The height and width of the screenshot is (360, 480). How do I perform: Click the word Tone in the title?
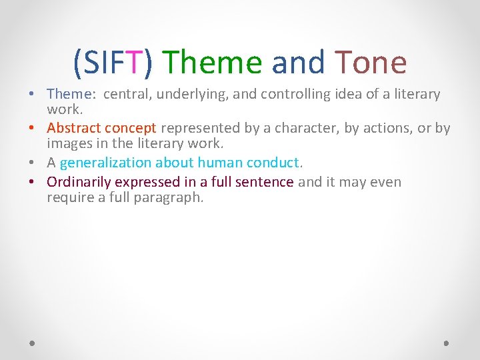coord(371,63)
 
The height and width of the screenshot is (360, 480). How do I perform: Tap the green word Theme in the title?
coord(213,63)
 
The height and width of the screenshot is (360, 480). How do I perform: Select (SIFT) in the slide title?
coord(114,63)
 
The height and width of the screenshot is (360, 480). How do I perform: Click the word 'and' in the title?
coord(298,63)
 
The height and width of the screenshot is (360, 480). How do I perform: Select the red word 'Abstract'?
coord(73,127)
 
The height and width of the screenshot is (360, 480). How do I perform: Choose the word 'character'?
coord(307,127)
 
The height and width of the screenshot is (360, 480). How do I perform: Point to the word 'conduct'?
coord(274,163)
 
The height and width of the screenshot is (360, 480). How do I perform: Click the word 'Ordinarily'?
coord(79,182)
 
